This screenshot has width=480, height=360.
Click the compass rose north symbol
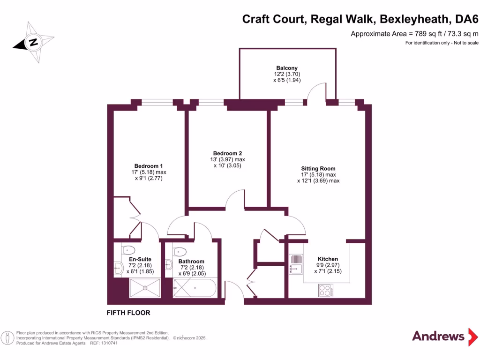tap(33, 42)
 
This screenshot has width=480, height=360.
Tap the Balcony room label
tap(287, 68)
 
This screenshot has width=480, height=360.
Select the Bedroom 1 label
tap(149, 166)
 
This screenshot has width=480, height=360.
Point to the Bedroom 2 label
tap(227, 153)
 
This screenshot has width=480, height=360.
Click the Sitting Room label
tap(318, 168)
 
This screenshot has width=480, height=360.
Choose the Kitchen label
tap(328, 259)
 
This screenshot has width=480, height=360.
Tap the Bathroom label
tap(191, 262)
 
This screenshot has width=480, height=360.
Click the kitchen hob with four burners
tap(325, 290)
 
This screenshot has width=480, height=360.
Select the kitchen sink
tap(296, 264)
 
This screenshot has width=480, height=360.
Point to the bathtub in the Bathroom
tap(195, 287)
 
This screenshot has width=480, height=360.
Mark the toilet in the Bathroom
tap(180, 251)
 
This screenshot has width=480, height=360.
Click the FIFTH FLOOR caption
tap(128, 313)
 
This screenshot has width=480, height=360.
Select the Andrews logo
tap(438, 336)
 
